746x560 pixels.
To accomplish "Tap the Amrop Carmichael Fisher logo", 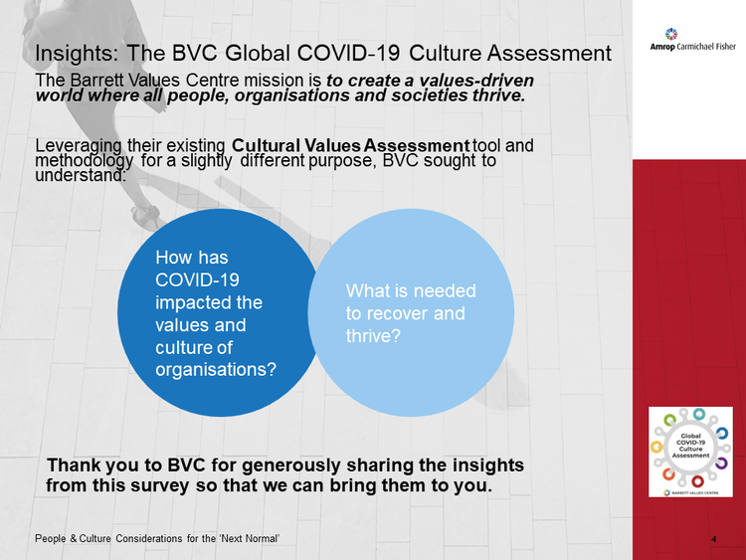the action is point(692,40).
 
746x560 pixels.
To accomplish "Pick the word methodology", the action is point(85,161).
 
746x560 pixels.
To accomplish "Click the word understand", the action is point(80,175).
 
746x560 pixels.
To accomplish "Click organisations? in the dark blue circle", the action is point(216,370).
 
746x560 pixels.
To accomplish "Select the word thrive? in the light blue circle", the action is point(373,336).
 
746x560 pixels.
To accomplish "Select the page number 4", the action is point(713,539).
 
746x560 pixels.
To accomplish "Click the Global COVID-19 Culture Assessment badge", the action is point(690,452).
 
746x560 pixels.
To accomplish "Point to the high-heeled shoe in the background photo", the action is point(145,217).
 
